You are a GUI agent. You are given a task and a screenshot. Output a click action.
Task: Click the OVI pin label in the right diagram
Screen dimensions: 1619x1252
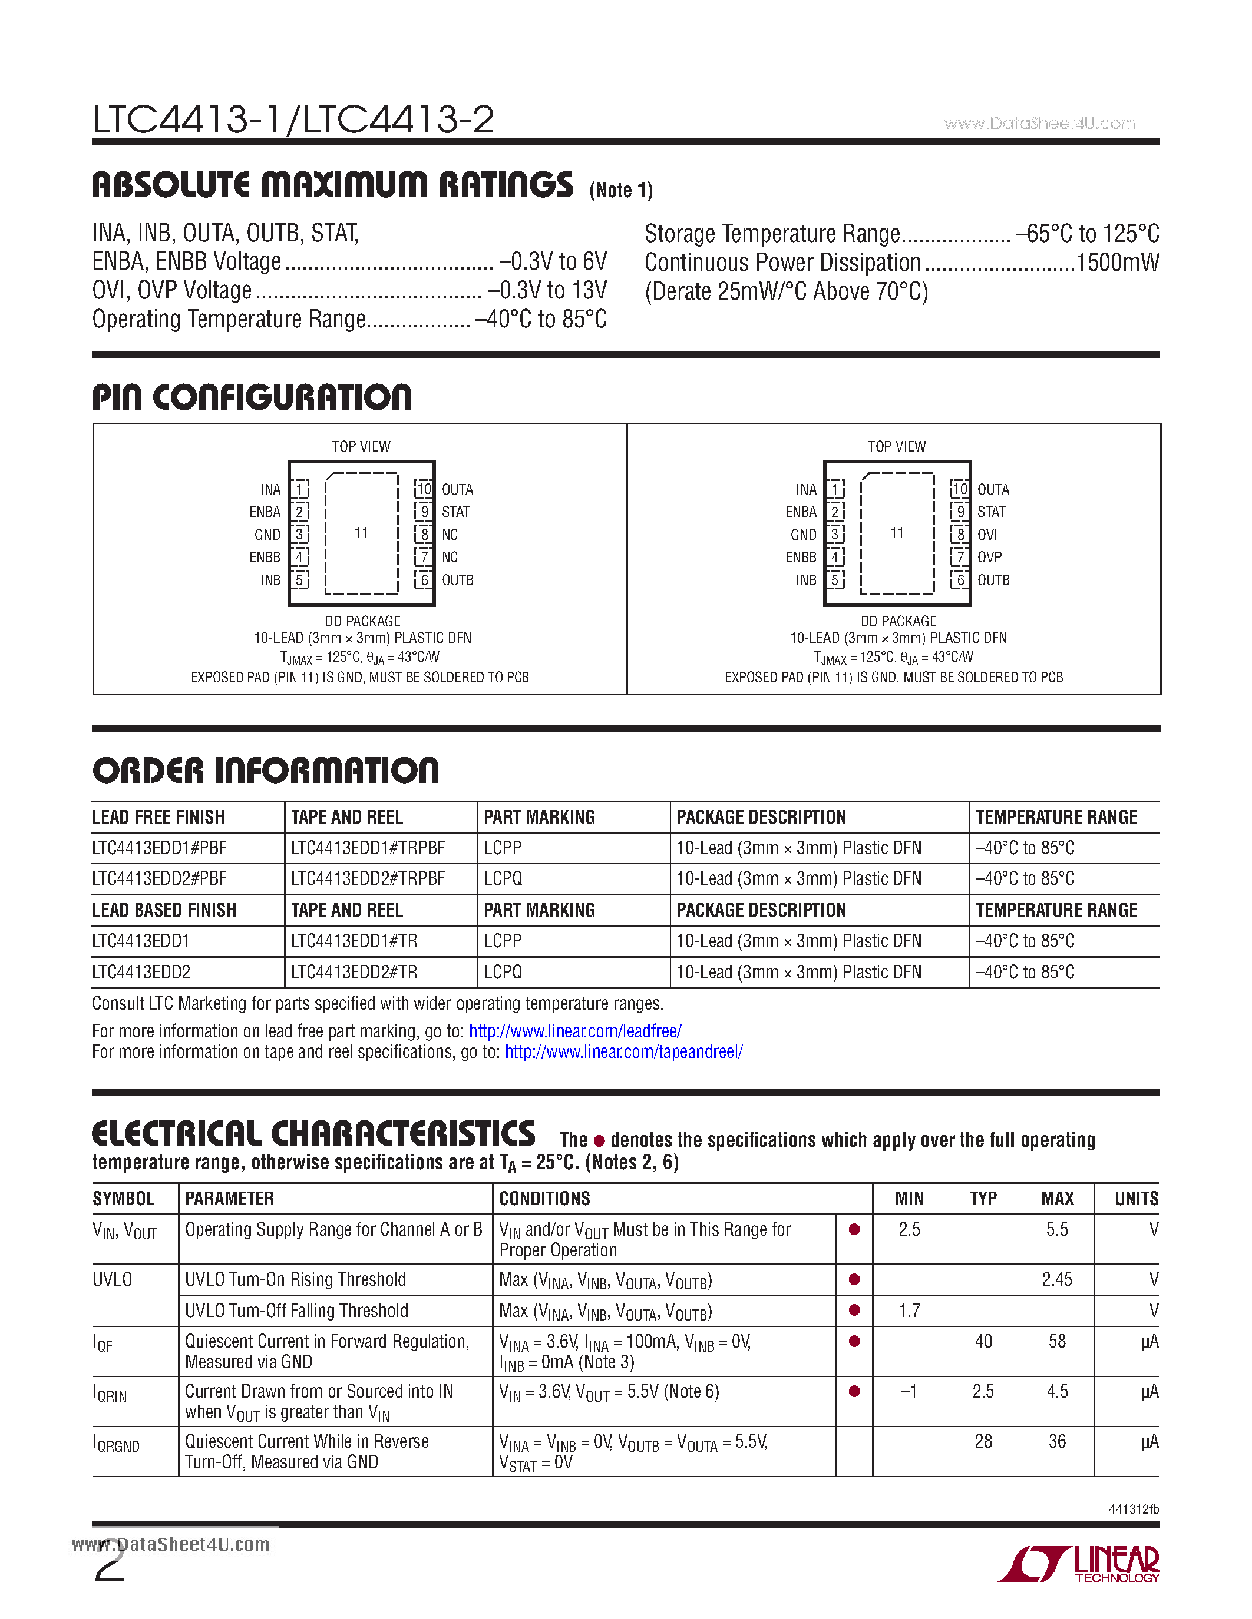[987, 535]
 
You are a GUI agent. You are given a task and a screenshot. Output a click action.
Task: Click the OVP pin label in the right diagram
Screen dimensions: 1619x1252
[989, 557]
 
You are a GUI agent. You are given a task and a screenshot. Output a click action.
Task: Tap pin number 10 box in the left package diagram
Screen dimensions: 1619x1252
[424, 489]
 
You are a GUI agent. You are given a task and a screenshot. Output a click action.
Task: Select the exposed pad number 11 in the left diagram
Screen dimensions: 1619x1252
[361, 533]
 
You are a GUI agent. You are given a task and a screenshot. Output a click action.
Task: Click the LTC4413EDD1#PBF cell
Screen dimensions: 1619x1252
[160, 847]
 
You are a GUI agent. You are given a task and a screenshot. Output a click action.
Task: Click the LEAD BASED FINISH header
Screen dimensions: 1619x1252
[164, 910]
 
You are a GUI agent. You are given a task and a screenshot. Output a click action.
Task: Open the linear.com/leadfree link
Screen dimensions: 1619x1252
[575, 1031]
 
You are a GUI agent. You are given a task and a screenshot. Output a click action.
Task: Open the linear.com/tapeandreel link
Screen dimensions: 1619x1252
[624, 1052]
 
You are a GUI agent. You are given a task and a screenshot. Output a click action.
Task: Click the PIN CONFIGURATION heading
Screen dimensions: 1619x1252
[252, 397]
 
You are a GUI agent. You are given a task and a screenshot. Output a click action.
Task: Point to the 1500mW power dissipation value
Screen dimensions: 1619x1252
[1117, 263]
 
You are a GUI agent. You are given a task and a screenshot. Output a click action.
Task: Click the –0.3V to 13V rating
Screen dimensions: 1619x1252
[547, 290]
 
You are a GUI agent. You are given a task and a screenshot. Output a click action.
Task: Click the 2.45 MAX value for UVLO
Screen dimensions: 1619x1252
[1057, 1279]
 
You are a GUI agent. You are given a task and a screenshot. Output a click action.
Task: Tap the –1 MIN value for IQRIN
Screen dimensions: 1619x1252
[909, 1391]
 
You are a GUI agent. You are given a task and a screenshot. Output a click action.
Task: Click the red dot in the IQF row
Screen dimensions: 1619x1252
[854, 1341]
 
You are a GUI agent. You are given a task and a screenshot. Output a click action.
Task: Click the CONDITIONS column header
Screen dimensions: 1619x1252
[544, 1199]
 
